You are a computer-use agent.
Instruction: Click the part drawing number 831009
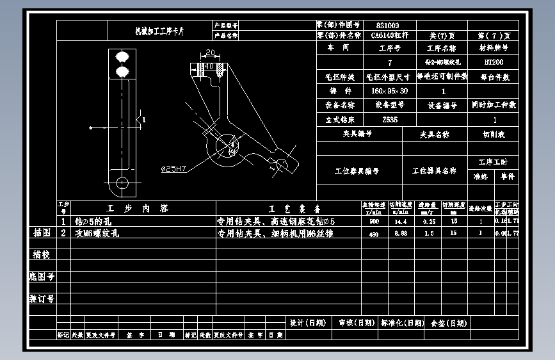click(x=387, y=24)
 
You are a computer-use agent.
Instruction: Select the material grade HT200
click(x=494, y=63)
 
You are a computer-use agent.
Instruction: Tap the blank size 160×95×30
click(x=389, y=91)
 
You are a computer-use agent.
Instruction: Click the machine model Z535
click(x=389, y=119)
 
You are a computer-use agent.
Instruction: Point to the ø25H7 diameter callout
click(x=173, y=169)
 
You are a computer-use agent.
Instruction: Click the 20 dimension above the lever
click(x=211, y=54)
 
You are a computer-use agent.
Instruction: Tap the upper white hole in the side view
click(x=122, y=56)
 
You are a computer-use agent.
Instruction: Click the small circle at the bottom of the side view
click(x=122, y=183)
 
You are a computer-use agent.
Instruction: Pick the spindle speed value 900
click(x=374, y=221)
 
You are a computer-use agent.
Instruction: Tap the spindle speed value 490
click(x=374, y=234)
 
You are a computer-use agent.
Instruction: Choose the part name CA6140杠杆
click(x=389, y=35)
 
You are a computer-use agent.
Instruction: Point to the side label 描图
click(x=42, y=233)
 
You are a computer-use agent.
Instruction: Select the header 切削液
click(x=494, y=135)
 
